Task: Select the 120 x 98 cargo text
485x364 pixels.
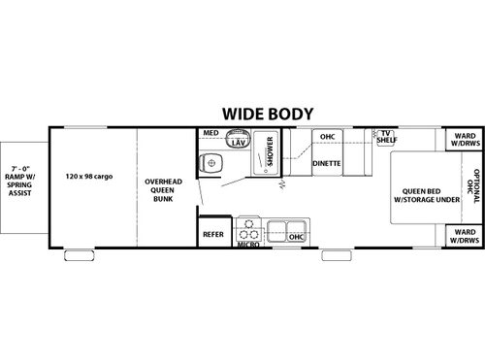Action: (91, 178)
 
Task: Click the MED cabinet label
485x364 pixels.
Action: (210, 133)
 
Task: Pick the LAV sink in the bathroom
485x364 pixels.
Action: (236, 143)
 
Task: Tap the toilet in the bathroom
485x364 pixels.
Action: (209, 163)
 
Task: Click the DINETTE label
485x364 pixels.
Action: (326, 163)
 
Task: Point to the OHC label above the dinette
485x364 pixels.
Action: (327, 136)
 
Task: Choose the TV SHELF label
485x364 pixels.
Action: (386, 136)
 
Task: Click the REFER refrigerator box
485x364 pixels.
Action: (213, 234)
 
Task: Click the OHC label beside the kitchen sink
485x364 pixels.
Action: (297, 236)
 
